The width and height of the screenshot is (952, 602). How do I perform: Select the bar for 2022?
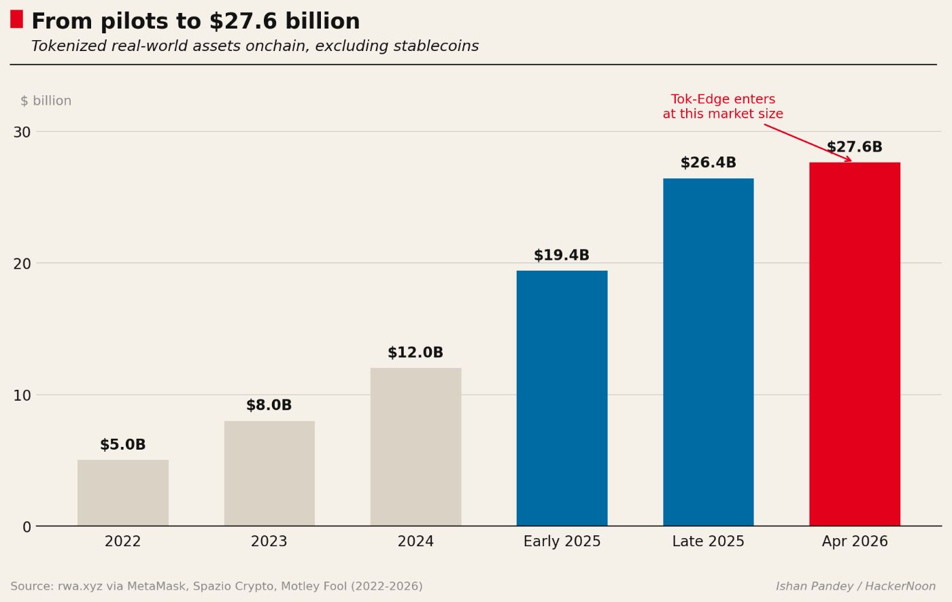(x=123, y=492)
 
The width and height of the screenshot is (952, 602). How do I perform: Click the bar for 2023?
(x=269, y=473)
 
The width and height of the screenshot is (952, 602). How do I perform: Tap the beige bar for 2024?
(x=415, y=447)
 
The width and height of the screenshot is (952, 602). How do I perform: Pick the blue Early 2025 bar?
(x=562, y=398)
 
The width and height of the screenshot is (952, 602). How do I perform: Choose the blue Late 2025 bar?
(x=708, y=352)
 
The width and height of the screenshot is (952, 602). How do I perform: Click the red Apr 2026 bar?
(x=855, y=344)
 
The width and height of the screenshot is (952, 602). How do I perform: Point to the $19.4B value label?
(x=562, y=256)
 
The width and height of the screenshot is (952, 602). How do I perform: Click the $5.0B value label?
(x=123, y=446)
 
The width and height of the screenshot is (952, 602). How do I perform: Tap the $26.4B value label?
(x=708, y=163)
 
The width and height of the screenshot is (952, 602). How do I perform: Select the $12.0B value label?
(x=415, y=353)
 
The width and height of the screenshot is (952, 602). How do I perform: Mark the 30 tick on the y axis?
(x=22, y=132)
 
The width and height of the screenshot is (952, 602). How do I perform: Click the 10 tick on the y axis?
(x=22, y=395)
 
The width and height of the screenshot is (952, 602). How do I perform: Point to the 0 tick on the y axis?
(x=27, y=527)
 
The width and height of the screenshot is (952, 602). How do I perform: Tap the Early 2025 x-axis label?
(x=562, y=542)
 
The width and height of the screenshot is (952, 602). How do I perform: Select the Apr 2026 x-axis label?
(x=855, y=542)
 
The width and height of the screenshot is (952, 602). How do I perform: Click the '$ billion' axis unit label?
(x=46, y=101)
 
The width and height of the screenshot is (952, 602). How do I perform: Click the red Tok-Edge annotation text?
(x=723, y=107)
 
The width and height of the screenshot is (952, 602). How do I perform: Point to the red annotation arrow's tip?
(x=851, y=161)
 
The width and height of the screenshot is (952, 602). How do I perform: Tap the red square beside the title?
(x=16, y=19)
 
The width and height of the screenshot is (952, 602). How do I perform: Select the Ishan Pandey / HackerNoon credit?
(x=855, y=586)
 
